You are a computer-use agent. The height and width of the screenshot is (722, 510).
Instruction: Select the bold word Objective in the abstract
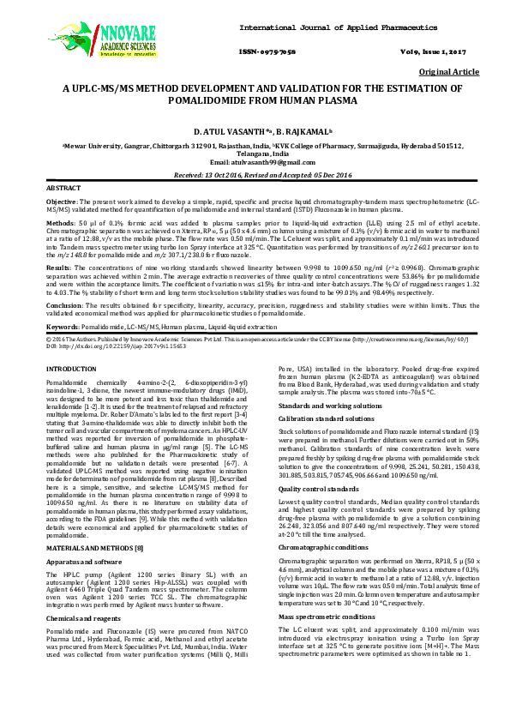click(x=61, y=200)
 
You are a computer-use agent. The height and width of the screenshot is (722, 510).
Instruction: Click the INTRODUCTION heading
click(x=71, y=368)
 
